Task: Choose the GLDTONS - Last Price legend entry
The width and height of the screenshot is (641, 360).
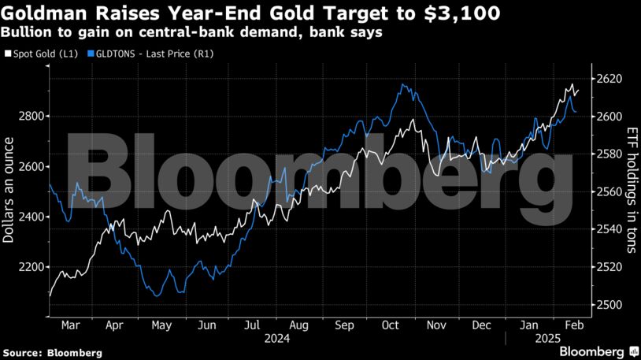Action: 154,54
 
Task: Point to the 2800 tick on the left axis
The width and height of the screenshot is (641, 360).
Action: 31,117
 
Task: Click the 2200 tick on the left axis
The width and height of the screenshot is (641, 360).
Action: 31,267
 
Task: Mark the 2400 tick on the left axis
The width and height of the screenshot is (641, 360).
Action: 31,217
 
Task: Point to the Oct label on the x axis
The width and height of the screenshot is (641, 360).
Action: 391,324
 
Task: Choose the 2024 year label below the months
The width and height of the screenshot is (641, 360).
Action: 276,338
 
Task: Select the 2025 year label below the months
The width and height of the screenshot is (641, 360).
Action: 550,338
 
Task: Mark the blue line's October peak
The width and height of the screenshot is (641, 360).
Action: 403,84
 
